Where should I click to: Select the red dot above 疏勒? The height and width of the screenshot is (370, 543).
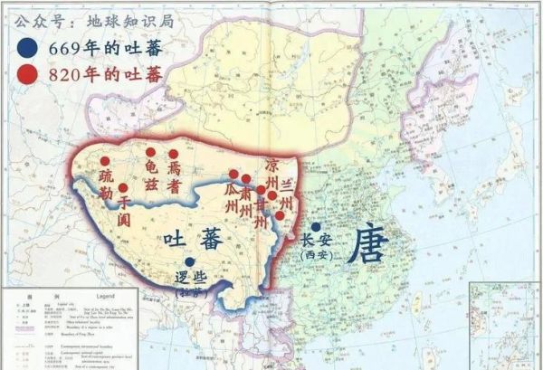coord(105,162)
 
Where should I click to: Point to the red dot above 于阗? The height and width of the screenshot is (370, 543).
coord(123,188)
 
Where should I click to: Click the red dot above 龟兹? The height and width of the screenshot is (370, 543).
coord(151,152)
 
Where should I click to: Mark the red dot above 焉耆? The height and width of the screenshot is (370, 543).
coord(173,154)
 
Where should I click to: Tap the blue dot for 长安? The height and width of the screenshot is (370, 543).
coord(316,227)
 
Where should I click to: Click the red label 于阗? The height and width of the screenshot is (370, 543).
coord(124,211)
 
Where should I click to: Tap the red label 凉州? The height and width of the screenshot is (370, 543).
coord(272,175)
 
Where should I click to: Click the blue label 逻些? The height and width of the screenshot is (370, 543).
coord(190,277)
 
